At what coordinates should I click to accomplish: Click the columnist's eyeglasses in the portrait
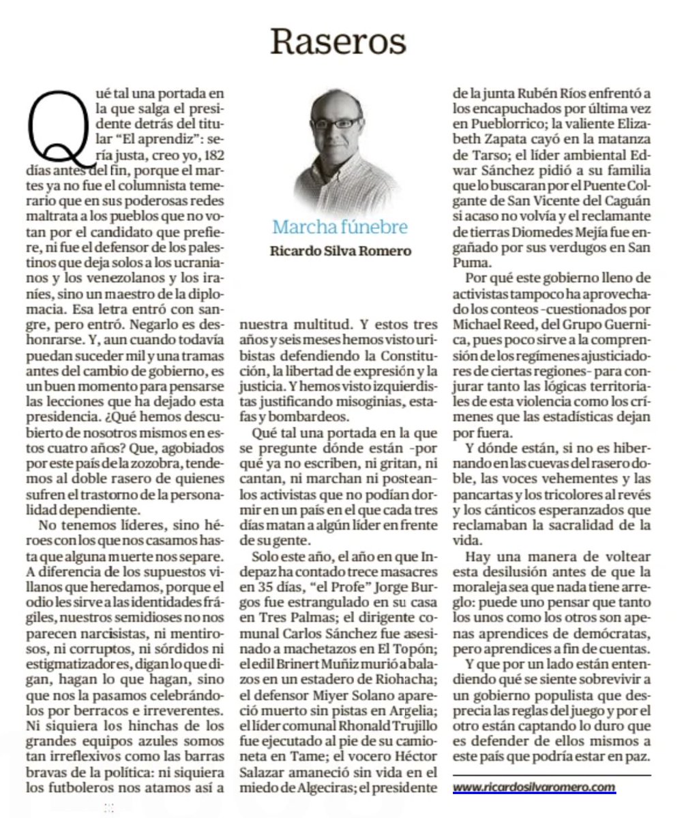[336, 123]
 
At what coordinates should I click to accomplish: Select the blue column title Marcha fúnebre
[340, 226]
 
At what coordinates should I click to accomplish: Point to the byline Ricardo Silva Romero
[341, 251]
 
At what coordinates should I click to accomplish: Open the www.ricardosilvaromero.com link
[534, 787]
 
